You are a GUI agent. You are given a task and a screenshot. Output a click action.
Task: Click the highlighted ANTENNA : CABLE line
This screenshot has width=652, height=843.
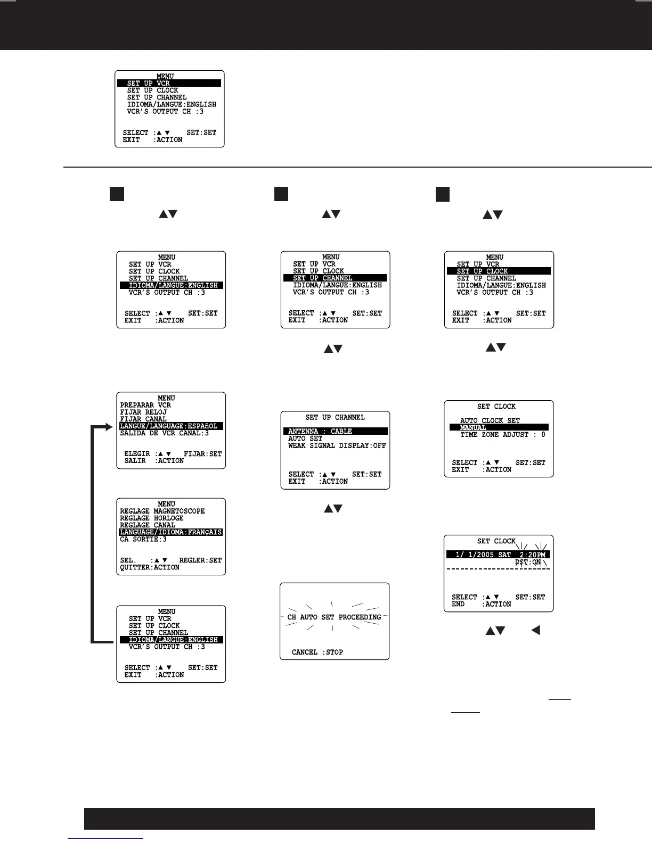point(320,431)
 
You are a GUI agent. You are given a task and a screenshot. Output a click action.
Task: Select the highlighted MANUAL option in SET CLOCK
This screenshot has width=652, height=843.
point(473,427)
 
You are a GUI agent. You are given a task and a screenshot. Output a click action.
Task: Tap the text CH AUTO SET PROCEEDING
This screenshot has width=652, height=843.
point(335,617)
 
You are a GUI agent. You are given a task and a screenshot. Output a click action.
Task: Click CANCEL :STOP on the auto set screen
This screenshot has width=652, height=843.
point(317,652)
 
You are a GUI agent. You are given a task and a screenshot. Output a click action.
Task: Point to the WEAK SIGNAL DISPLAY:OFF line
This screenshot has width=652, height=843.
point(337,445)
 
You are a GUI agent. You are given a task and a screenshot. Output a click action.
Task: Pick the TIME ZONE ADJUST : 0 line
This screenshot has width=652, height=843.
point(502,435)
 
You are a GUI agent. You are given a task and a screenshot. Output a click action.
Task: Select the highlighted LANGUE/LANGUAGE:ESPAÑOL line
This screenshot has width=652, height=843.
point(169,426)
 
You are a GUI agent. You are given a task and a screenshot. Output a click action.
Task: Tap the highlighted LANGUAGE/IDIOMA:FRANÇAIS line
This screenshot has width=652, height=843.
point(170,532)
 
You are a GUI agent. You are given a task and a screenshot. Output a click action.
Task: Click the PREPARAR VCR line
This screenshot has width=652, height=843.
point(145,405)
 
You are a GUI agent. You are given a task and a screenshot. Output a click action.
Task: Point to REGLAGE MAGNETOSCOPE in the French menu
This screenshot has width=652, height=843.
point(162,511)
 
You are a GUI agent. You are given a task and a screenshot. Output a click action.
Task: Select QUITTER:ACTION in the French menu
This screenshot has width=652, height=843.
point(150,567)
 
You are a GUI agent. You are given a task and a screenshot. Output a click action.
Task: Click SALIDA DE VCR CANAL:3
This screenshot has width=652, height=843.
point(164,433)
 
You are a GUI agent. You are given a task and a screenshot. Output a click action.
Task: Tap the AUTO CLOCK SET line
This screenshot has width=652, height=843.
point(490,420)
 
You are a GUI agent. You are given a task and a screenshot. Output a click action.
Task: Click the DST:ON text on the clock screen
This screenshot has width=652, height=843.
point(528,562)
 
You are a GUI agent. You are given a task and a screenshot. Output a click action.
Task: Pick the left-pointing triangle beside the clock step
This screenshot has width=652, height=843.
point(536,631)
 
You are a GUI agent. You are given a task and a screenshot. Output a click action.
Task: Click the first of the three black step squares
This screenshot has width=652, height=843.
point(117,194)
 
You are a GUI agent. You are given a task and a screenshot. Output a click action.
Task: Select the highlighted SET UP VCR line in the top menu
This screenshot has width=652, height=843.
point(148,84)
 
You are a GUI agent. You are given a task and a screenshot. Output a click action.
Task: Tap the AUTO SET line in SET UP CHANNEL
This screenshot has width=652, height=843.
point(305,439)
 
